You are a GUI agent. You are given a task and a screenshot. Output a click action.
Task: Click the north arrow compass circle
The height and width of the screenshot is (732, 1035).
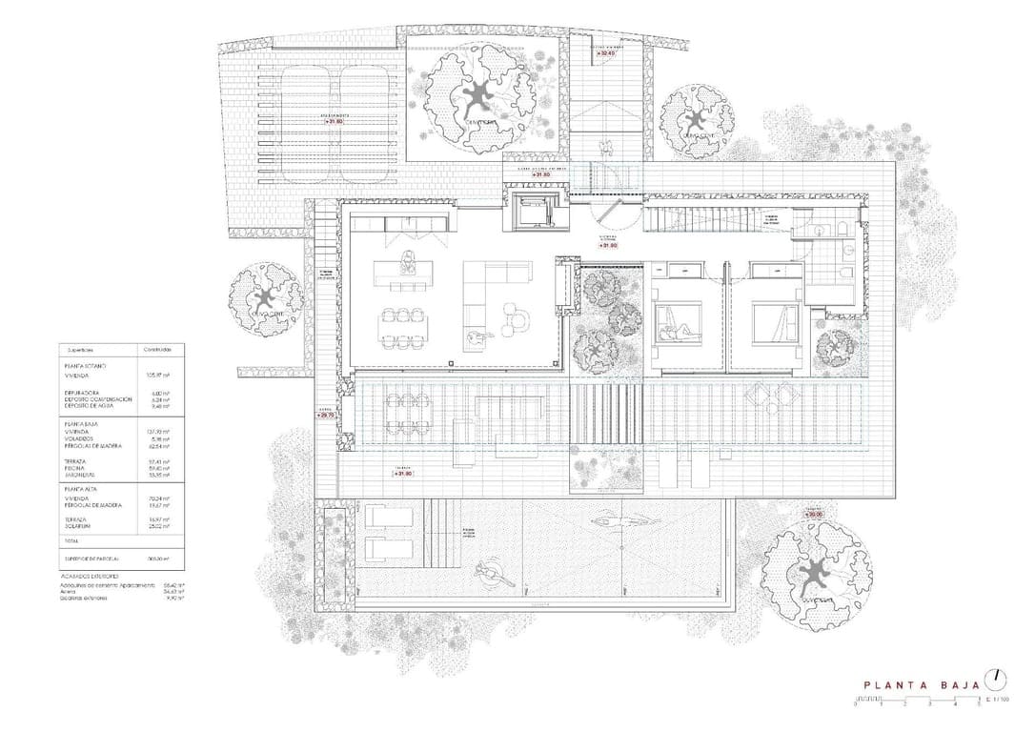[x=996, y=679]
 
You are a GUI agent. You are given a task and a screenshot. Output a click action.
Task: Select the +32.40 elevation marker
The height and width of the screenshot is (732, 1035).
[x=606, y=53]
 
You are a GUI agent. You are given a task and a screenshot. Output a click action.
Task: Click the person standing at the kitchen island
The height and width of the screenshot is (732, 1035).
[x=408, y=258]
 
